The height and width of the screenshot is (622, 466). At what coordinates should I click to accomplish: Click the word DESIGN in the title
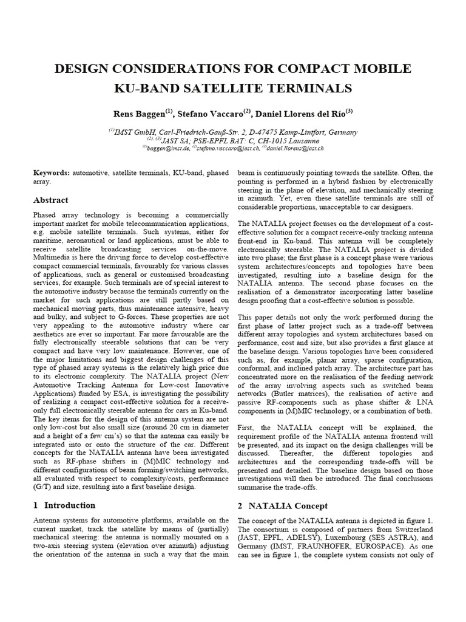[x=84, y=69]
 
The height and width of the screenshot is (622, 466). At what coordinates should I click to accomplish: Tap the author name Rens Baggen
[x=139, y=114]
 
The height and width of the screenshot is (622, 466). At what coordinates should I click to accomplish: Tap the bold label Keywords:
[x=52, y=173]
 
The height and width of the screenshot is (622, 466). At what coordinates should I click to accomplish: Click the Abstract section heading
[x=51, y=200]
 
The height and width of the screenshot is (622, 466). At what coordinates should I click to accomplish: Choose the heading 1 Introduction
[x=64, y=505]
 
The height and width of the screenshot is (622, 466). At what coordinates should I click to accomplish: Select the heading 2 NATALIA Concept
[x=282, y=505]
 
